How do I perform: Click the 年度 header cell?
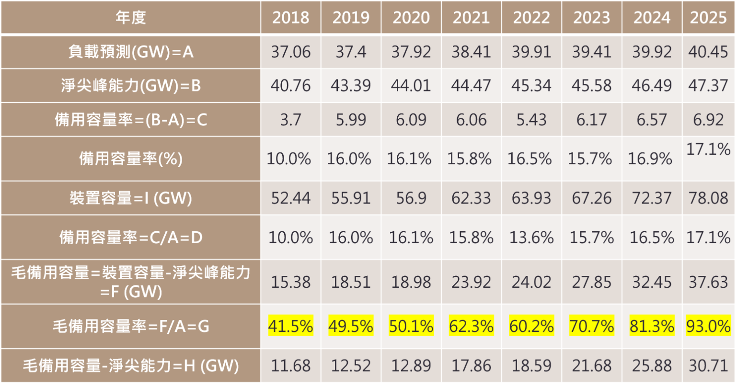tap(130, 18)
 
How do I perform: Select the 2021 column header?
tap(471, 18)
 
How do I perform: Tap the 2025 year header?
tap(709, 18)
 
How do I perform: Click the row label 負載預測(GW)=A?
tap(130, 51)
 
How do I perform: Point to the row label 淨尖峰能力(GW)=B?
tap(130, 86)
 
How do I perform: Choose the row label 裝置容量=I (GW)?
tap(130, 198)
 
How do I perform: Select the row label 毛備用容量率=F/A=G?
tap(130, 327)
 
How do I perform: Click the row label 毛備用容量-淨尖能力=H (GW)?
tap(130, 366)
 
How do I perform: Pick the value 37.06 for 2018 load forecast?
tap(290, 51)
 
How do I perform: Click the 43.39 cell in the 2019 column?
tap(350, 86)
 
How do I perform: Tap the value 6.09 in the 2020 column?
tap(411, 120)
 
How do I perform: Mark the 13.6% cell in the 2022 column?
tap(531, 238)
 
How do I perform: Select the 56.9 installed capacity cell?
tap(411, 198)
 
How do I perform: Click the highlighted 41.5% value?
tap(290, 327)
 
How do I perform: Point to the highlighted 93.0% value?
tap(709, 327)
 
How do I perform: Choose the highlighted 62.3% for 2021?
tap(471, 327)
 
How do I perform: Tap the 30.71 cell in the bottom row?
tap(709, 366)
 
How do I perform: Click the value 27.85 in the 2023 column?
tap(591, 282)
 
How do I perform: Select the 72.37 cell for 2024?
tap(652, 198)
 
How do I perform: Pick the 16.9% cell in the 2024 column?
tap(652, 159)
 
